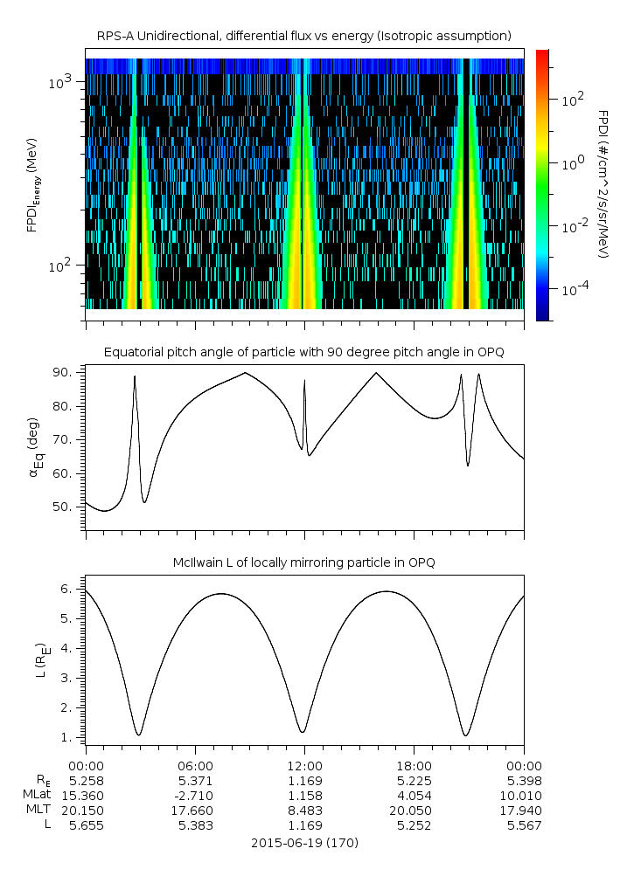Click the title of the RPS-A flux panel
click(x=303, y=36)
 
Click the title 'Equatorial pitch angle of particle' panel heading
click(x=303, y=352)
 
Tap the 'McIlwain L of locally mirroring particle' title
click(x=303, y=562)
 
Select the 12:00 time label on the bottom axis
click(x=304, y=763)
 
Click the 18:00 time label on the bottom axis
click(x=414, y=763)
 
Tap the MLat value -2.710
click(x=195, y=796)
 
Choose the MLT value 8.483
click(x=304, y=811)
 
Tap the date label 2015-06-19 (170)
click(x=303, y=843)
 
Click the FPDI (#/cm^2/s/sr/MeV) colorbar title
click(x=603, y=184)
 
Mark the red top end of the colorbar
click(x=543, y=54)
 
